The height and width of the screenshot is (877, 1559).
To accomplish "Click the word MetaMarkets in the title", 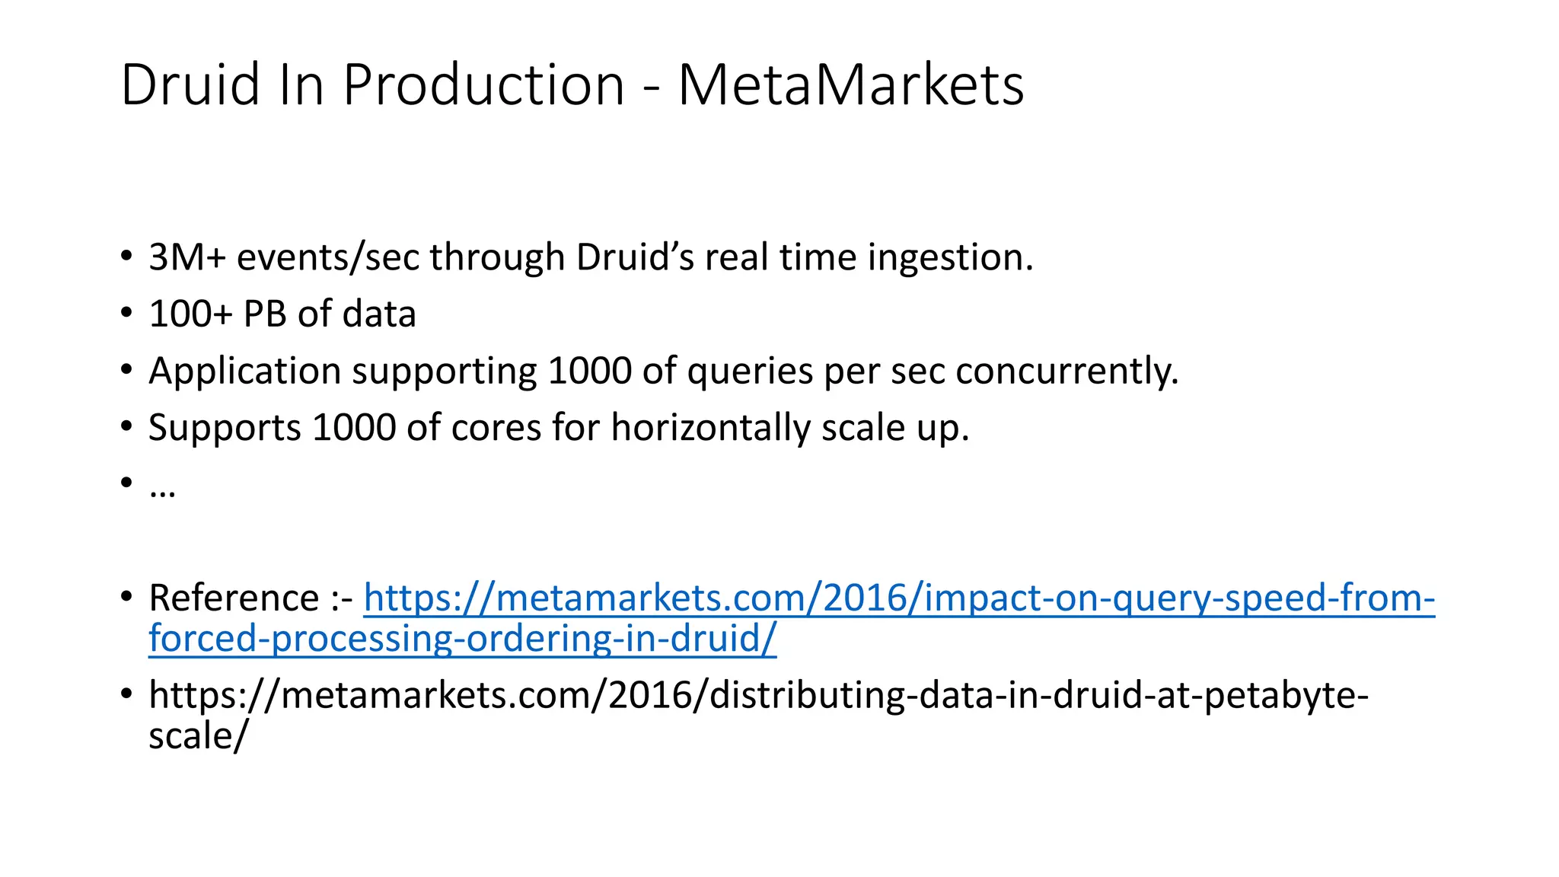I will pos(850,85).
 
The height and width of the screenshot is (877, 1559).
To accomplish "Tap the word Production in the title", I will pos(483,85).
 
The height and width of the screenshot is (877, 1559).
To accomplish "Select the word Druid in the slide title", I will pos(190,85).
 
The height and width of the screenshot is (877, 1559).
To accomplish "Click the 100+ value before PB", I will pos(190,314).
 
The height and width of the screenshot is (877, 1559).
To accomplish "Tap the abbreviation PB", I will pos(265,314).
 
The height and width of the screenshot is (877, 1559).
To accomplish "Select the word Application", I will pos(244,372).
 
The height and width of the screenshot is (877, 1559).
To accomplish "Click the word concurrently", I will pos(1066,372).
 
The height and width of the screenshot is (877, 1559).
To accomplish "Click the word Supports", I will pos(225,429).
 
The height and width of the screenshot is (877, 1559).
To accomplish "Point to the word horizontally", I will pos(710,429).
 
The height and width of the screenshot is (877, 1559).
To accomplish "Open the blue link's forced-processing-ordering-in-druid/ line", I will pos(462,639).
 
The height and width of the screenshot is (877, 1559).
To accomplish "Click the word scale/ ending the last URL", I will pos(198,736).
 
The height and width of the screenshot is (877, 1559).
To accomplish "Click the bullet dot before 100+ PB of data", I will pos(126,313).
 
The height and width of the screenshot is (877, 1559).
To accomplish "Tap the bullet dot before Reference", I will pos(126,597).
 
